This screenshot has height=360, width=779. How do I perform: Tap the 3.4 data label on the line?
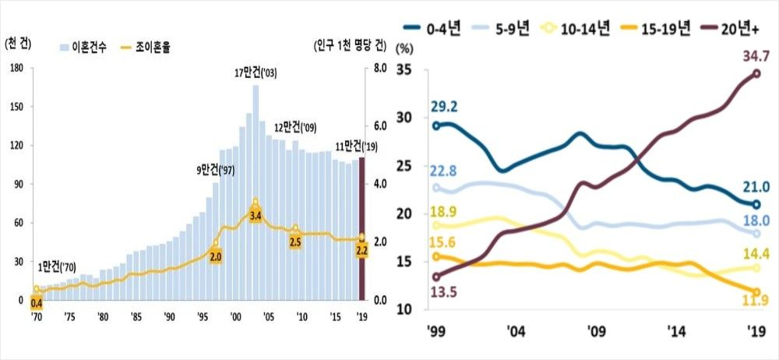point(256,215)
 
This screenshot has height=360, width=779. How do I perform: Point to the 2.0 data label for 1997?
point(216,256)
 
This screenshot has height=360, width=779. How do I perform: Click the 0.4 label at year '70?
point(36,302)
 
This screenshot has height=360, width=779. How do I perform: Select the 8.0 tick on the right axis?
point(379,69)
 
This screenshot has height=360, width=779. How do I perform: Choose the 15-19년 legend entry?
point(654,30)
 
